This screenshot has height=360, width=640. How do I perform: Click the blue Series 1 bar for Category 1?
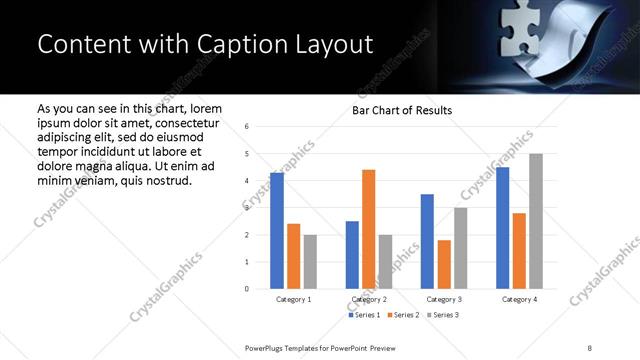click(277, 231)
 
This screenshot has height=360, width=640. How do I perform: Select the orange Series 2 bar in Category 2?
click(368, 229)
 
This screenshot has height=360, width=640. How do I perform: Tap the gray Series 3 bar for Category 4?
click(536, 221)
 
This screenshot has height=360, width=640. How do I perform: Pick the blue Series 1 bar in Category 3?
click(427, 241)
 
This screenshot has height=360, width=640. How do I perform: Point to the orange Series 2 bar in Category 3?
click(444, 264)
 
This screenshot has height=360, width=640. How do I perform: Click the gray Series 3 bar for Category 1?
click(310, 262)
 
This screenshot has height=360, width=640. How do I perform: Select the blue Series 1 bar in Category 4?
click(503, 228)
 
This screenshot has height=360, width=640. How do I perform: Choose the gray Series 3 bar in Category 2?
click(386, 262)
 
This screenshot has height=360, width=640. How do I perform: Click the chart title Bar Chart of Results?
click(402, 110)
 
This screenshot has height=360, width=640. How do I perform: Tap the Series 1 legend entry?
click(364, 316)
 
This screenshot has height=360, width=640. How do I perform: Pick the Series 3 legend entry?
click(442, 316)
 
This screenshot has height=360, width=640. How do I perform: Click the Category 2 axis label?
click(369, 299)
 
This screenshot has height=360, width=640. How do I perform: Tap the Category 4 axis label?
click(519, 299)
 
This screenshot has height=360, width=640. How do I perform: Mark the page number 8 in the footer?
click(589, 347)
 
